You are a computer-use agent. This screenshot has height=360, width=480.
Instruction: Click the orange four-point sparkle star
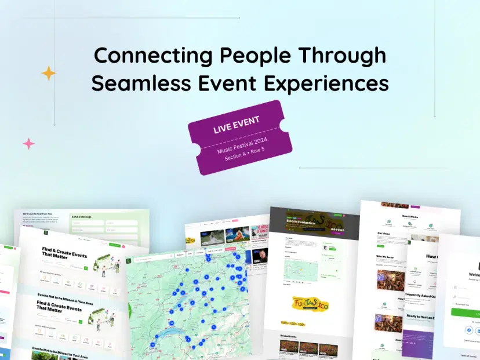pos(49,73)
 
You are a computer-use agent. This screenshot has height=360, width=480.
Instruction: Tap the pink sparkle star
pos(28,143)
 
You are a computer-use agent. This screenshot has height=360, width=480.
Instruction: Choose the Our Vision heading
pos(384,234)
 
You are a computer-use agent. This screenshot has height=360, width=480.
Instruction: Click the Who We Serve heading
pos(386,256)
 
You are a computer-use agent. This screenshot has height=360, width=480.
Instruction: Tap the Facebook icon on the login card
pos(468,329)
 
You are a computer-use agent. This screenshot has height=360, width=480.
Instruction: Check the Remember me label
pos(463,304)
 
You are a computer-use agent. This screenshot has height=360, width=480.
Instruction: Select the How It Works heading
pos(410,216)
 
